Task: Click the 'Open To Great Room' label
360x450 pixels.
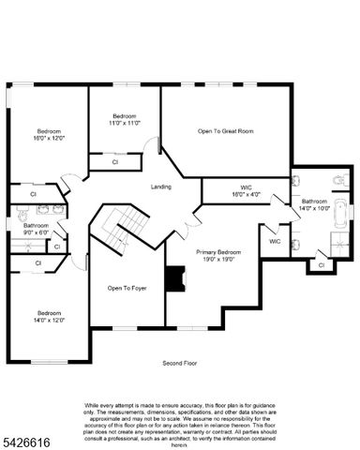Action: [225, 131]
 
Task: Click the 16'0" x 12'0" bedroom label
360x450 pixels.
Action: [49, 134]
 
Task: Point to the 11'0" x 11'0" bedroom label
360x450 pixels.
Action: [125, 119]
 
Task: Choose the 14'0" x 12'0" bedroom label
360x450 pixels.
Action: [49, 317]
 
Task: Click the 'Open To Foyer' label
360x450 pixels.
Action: [127, 288]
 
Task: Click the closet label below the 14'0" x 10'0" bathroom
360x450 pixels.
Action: [321, 265]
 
